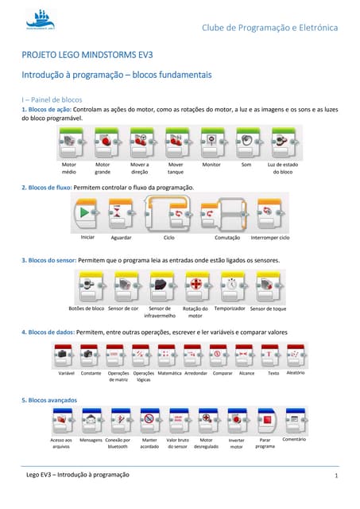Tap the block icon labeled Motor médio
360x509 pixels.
[70, 142]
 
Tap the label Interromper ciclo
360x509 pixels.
[269, 237]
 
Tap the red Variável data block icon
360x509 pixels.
[66, 353]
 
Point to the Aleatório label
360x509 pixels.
[295, 372]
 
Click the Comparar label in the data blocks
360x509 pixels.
[223, 372]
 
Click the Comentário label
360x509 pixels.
[294, 438]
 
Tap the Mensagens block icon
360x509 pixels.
[91, 419]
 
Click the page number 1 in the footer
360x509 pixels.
[337, 475]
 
